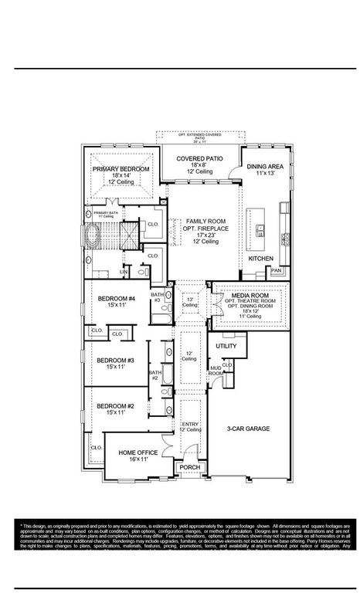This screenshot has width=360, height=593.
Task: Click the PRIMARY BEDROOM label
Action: (121, 168)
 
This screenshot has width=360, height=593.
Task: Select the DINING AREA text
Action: (266, 167)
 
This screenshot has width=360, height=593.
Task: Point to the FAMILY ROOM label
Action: (205, 222)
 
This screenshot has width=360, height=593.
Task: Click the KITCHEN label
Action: (260, 259)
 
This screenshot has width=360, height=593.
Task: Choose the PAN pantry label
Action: (276, 271)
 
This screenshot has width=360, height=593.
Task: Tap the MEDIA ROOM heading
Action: (250, 295)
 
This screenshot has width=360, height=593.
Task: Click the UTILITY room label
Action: (226, 347)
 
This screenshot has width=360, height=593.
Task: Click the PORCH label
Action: (188, 468)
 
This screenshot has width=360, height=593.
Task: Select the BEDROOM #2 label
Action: (115, 406)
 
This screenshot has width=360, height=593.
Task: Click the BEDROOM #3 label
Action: (115, 361)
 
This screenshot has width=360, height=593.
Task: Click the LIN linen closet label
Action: (123, 271)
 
